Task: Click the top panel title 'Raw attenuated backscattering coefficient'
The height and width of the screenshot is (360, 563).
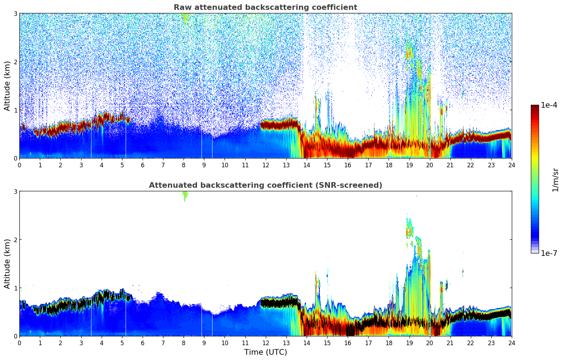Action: point(265,7)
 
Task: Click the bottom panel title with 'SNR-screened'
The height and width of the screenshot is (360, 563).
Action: point(265,185)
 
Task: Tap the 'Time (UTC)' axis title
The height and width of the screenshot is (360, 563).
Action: point(265,352)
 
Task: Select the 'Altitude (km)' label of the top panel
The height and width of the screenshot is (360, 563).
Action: point(7,86)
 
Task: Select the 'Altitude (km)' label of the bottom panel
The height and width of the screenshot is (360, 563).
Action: point(7,264)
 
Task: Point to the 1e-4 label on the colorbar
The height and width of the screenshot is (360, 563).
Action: point(549,105)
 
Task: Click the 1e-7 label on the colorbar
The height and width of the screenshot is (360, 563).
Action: point(549,253)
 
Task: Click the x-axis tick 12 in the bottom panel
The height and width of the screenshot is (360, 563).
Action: point(265,343)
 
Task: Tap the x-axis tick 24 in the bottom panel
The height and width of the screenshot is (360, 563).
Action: point(511,343)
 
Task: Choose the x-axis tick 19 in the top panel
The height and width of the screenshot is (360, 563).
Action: point(409,165)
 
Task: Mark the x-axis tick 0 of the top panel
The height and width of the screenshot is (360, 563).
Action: point(19,165)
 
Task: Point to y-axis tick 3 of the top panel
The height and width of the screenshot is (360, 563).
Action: point(15,13)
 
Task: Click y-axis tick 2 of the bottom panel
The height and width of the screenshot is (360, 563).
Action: point(15,240)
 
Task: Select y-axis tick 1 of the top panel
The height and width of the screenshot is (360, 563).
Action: point(15,110)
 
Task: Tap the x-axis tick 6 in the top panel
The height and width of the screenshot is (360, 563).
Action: point(143,165)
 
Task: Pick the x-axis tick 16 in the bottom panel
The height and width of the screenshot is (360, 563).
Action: point(348,343)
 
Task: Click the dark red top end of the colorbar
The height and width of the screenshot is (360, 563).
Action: point(535,107)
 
